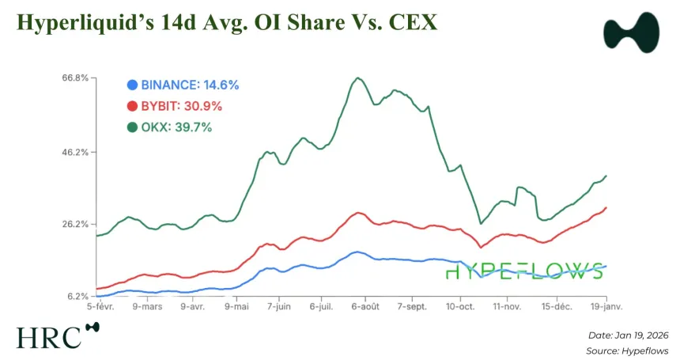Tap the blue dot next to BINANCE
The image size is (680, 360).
[x=132, y=84]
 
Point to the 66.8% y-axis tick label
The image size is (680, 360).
[x=74, y=78]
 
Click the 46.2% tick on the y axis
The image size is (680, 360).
[x=74, y=151]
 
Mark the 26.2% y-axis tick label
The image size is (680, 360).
[x=74, y=224]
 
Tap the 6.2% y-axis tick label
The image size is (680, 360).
[x=76, y=296]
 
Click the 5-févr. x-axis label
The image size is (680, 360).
[x=100, y=305]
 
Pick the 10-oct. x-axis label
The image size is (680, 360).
[x=459, y=305]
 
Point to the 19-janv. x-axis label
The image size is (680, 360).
[x=605, y=305]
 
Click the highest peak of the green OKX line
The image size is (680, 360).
[x=357, y=78]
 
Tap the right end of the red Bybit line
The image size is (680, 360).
[x=606, y=207]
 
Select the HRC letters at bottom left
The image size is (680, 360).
[x=48, y=337]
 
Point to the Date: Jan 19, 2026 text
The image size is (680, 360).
[x=629, y=335]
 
